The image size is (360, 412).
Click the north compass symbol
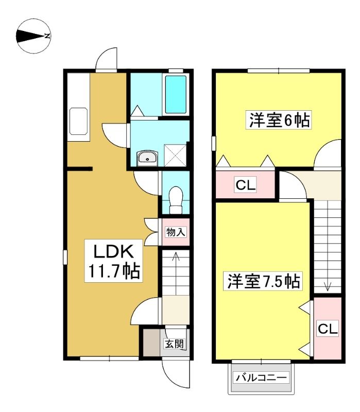[x=33, y=36]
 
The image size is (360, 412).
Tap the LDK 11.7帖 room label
[x=113, y=261]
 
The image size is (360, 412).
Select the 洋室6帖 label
[x=279, y=120]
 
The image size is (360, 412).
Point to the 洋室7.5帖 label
[x=263, y=281]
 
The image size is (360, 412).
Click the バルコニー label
[x=261, y=378]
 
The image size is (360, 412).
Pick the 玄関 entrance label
[x=174, y=344]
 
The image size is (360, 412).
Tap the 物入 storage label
[x=176, y=232]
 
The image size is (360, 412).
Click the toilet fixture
[x=176, y=200]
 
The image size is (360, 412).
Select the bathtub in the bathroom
[x=176, y=94]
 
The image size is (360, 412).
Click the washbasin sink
[x=147, y=158]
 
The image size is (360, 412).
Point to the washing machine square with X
[x=175, y=155]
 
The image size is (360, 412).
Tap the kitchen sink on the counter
[x=78, y=122]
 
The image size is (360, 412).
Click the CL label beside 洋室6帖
[x=246, y=185]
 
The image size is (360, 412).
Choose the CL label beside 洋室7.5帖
[x=328, y=329]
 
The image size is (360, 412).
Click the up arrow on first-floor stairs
[x=176, y=273]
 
